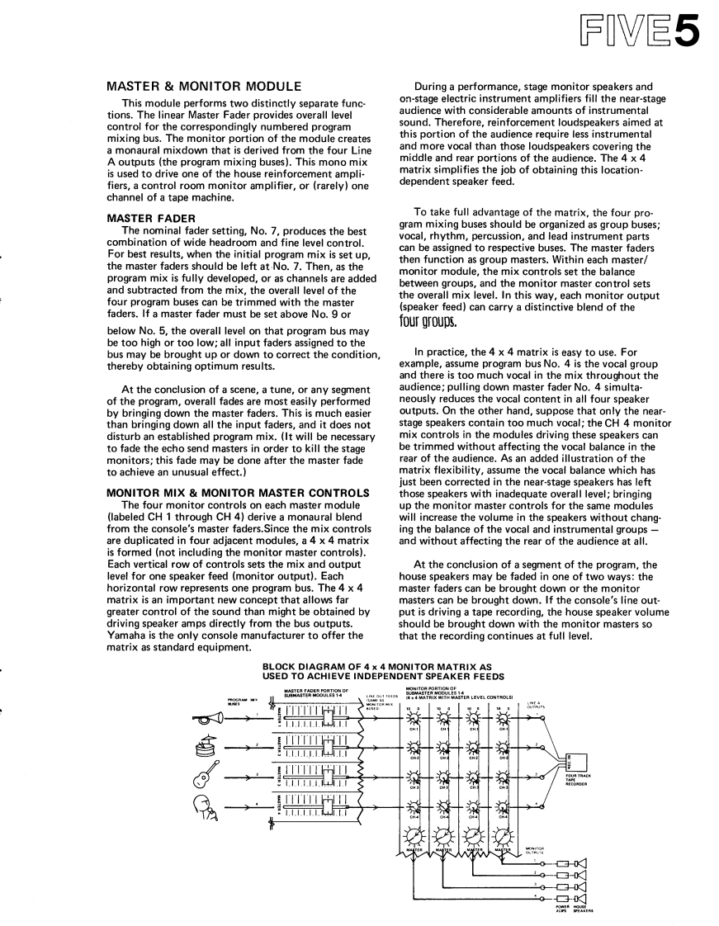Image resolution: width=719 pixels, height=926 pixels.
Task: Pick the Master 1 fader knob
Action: (x=328, y=717)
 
